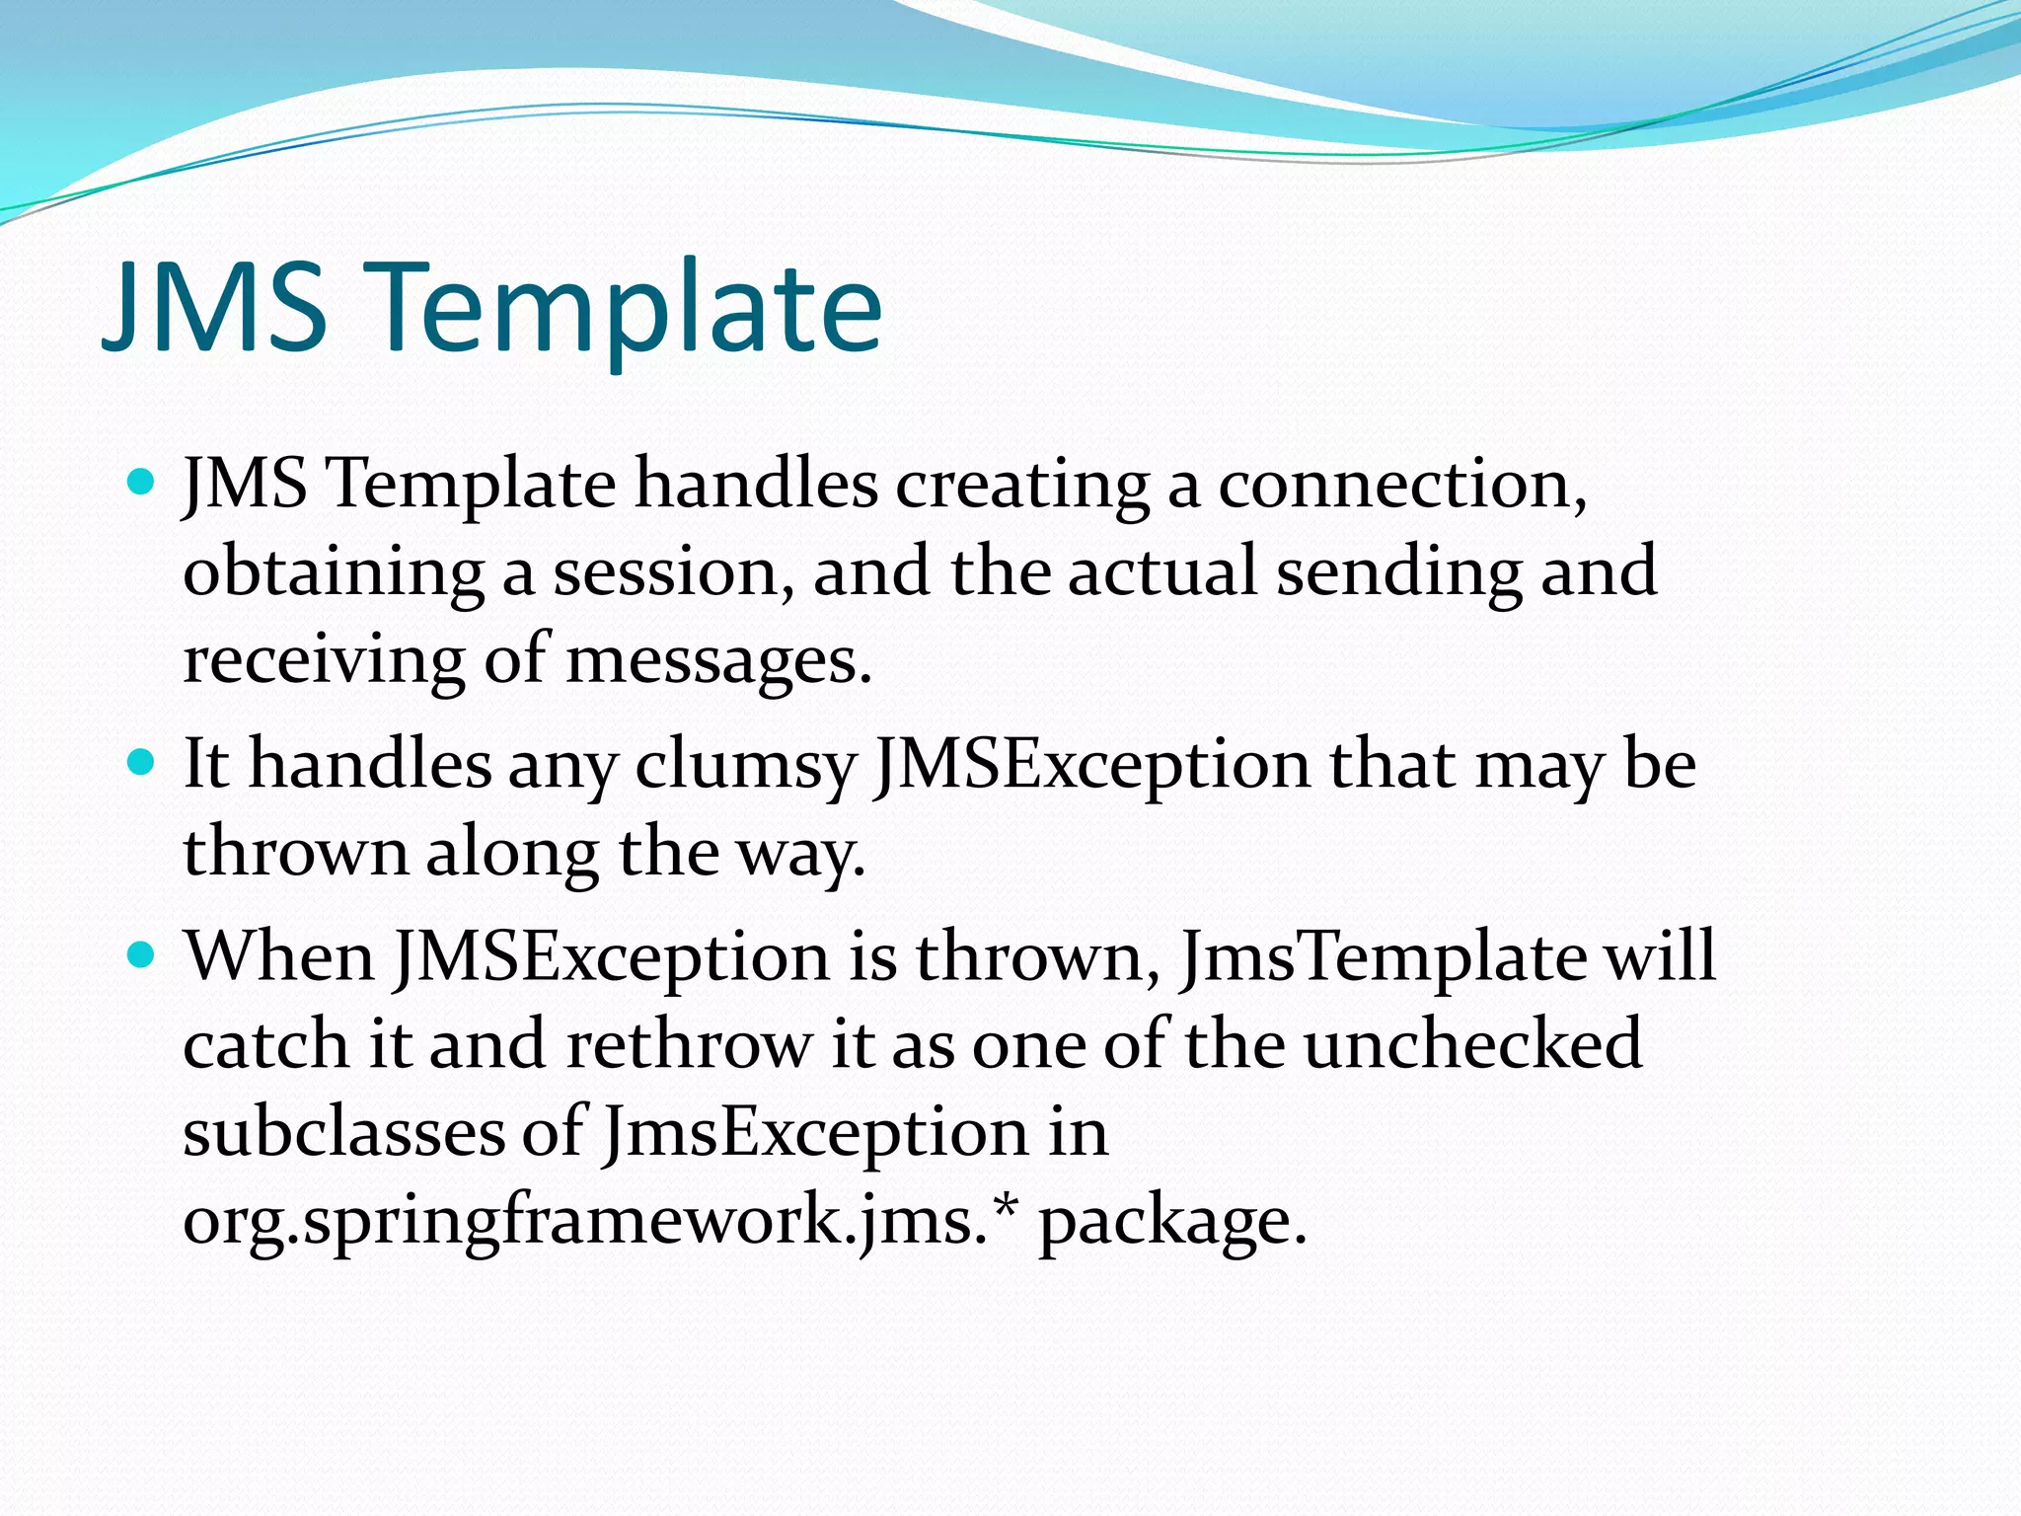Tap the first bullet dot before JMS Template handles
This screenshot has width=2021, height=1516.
142,482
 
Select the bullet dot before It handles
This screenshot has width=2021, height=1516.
142,762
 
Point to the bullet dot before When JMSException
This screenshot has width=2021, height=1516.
142,954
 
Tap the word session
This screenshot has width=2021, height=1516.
672,572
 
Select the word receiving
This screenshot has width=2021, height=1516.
324,660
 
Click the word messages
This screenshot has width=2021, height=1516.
717,660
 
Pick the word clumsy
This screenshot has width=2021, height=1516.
744,766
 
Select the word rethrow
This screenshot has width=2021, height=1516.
688,1044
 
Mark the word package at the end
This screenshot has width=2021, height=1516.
1171,1222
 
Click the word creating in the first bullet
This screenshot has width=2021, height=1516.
1021,486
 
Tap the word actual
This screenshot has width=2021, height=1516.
1162,572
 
